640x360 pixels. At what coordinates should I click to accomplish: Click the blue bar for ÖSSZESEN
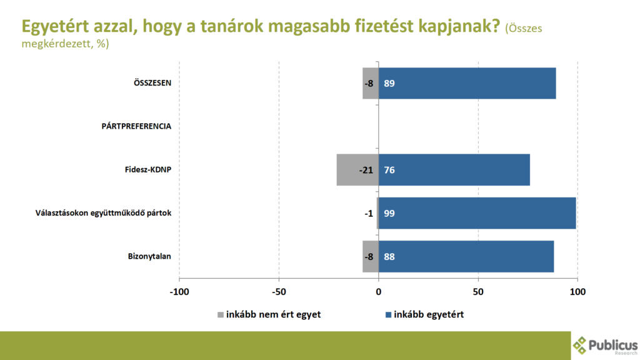[467, 83]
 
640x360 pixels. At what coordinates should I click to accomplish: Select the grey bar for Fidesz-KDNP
[357, 170]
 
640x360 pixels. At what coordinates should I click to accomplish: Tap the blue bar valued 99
[477, 213]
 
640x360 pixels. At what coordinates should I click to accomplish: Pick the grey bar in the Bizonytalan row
[371, 256]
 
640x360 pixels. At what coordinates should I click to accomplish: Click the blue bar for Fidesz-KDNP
[454, 170]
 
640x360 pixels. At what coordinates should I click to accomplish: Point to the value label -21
[366, 170]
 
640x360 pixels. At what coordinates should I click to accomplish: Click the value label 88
[389, 256]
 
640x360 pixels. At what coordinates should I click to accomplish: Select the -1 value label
[369, 213]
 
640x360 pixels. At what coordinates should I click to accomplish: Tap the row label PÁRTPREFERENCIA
[136, 126]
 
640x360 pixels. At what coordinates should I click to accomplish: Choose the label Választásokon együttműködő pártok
[103, 213]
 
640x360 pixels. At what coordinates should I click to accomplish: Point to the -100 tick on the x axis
[179, 291]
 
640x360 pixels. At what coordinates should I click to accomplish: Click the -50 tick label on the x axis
[279, 291]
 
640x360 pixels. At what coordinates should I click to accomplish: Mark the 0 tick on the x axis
[379, 291]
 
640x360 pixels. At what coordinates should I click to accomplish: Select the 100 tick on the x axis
[577, 291]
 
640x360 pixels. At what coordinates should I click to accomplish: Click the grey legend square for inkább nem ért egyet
[220, 314]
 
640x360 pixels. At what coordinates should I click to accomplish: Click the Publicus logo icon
[581, 345]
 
